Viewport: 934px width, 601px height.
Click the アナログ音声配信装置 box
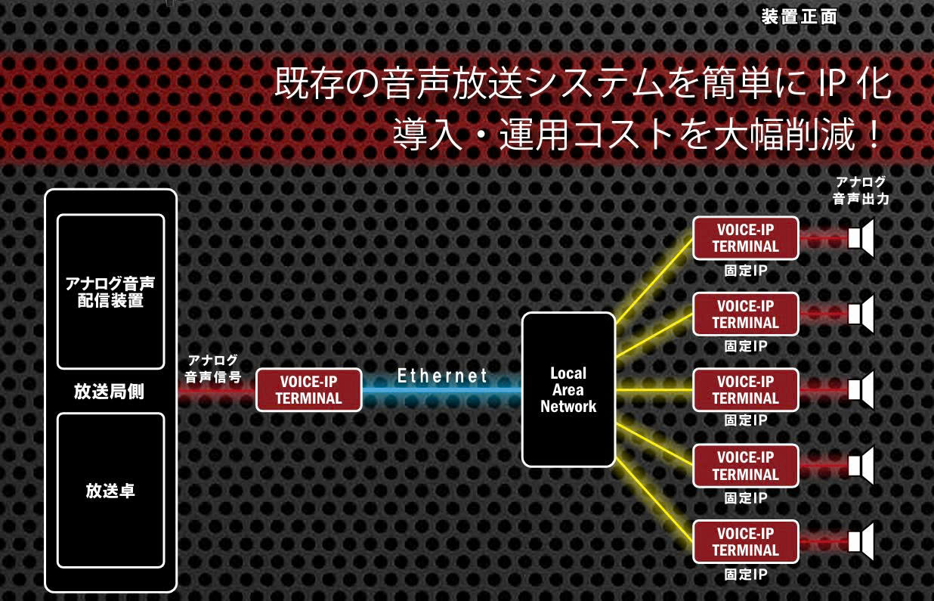pos(110,291)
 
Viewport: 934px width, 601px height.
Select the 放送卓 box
pos(110,490)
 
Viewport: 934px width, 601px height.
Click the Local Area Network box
pos(568,389)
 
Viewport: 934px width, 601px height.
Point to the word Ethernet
pos(442,376)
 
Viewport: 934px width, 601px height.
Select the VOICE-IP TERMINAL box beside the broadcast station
pos(308,390)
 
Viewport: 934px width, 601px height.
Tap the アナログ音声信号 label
pos(213,368)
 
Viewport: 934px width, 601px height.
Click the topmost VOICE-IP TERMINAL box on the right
pos(745,238)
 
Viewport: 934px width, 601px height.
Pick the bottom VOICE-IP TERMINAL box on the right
pos(745,541)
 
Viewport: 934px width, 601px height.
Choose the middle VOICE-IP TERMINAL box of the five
pos(745,390)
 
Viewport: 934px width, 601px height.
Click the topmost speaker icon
pos(861,238)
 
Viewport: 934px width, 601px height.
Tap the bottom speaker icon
pos(861,541)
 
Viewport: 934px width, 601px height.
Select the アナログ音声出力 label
pos(860,191)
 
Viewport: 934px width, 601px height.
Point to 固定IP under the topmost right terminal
pos(746,271)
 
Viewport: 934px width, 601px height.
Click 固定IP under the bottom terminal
pos(746,575)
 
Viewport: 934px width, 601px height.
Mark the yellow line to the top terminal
pos(654,280)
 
